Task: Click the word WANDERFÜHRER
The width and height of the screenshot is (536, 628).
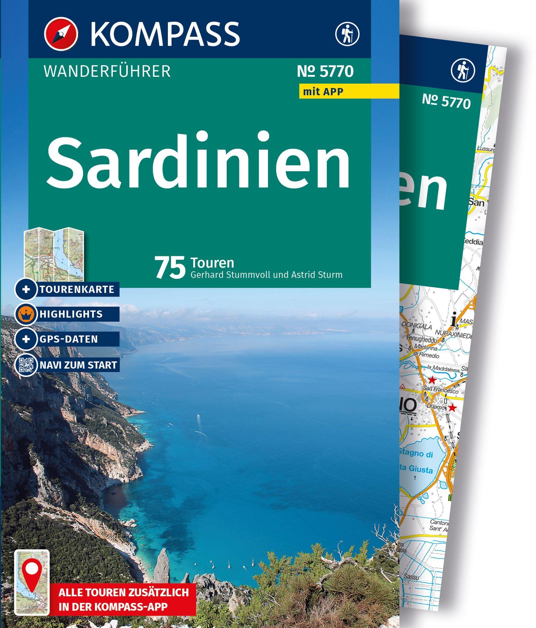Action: (107, 72)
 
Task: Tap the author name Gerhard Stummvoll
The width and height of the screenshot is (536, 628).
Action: (230, 275)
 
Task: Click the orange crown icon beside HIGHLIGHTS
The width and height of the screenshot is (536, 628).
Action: (26, 314)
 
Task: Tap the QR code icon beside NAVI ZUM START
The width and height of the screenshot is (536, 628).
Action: (26, 365)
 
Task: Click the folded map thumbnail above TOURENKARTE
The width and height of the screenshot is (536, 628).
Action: (54, 254)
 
